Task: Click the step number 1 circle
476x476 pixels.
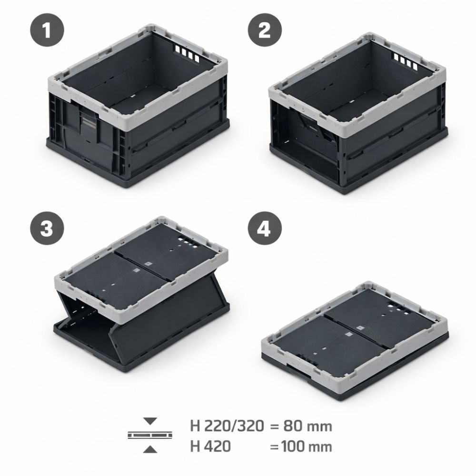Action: click(x=47, y=30)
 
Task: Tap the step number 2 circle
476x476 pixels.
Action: click(x=265, y=30)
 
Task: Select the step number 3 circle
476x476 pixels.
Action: click(x=47, y=228)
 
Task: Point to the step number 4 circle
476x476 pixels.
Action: click(x=265, y=228)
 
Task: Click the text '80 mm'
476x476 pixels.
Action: click(x=307, y=426)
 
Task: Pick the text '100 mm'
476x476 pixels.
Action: click(x=307, y=446)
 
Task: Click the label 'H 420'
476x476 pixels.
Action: click(x=210, y=446)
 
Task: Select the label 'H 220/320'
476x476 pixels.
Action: click(x=227, y=426)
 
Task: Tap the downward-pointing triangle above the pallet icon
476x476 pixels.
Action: click(x=150, y=421)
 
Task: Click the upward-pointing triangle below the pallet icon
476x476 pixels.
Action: click(x=150, y=449)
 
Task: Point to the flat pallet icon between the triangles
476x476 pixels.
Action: click(x=150, y=435)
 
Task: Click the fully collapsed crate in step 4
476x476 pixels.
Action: click(x=355, y=339)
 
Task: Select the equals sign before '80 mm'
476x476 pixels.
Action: click(x=274, y=426)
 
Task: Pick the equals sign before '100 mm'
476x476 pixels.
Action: click(x=274, y=447)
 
